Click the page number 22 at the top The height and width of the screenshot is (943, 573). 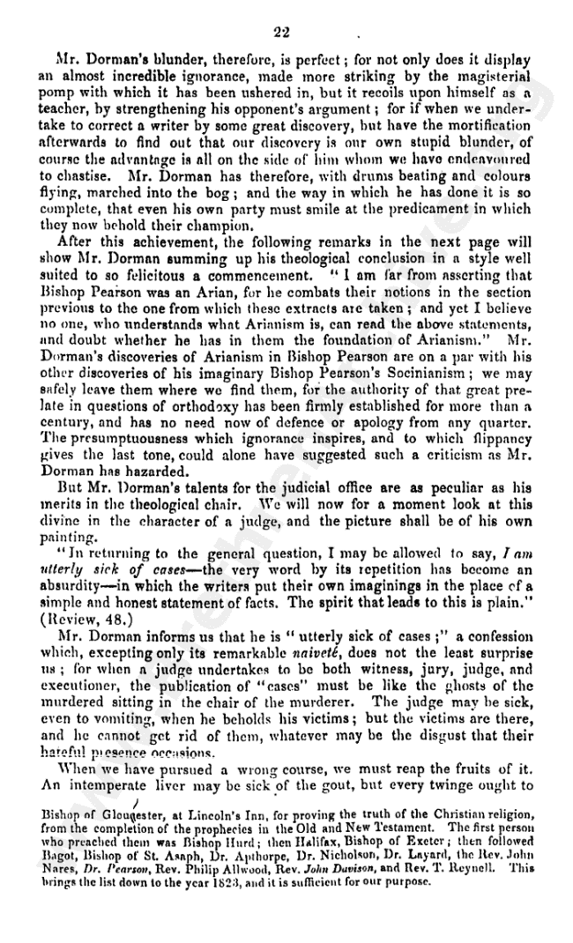282,33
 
